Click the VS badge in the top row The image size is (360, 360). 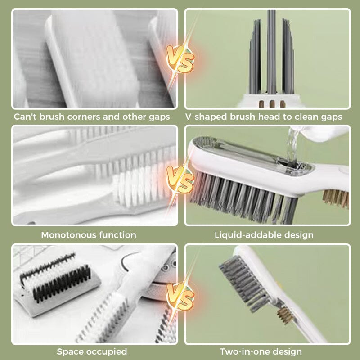(180, 58)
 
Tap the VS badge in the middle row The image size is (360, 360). (180, 179)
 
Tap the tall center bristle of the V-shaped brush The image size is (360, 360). (271, 49)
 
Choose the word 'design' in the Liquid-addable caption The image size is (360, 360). (299, 235)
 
